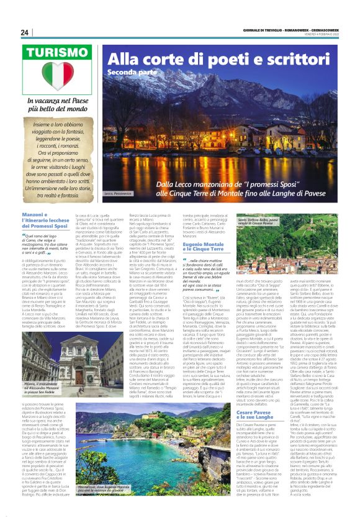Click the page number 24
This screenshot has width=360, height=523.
[x=24, y=32]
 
